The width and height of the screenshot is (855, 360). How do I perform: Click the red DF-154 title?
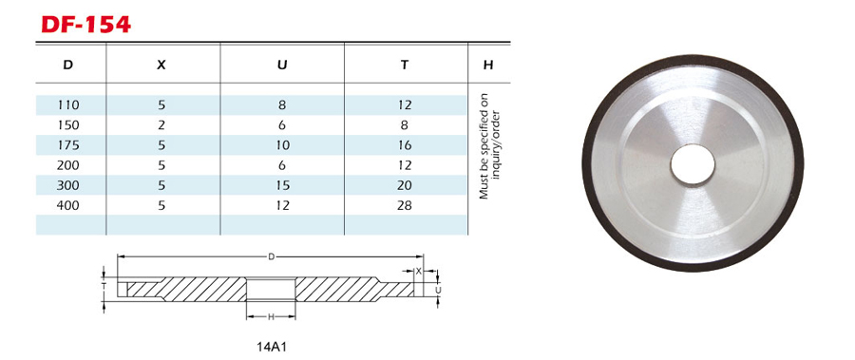pos(86,25)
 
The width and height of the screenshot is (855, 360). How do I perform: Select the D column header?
pos(67,65)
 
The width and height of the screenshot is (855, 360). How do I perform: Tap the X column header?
pos(161,65)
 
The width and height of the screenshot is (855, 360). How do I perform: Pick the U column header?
pos(282,65)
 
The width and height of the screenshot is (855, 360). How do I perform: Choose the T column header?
pos(404,65)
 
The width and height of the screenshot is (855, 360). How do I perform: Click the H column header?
pos(488,65)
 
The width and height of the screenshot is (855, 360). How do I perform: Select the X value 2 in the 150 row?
pos(161,125)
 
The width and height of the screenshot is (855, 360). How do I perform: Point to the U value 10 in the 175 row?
pos(282,145)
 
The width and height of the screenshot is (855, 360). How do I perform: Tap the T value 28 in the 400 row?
pos(405,205)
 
